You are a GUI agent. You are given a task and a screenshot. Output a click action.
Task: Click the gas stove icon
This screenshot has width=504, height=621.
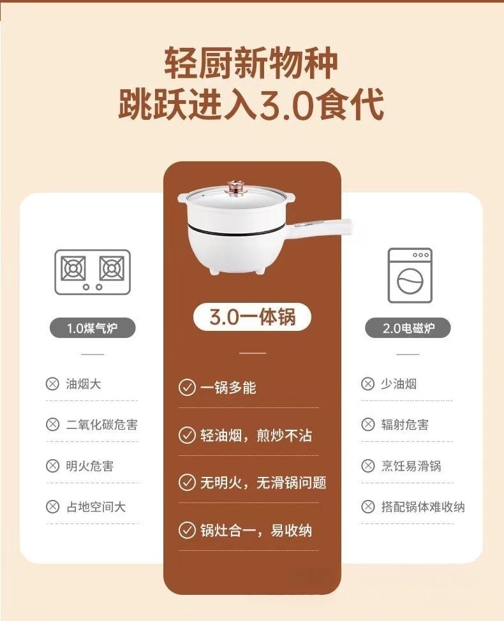(93, 272)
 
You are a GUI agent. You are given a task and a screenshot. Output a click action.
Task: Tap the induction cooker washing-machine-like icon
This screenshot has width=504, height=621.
(410, 275)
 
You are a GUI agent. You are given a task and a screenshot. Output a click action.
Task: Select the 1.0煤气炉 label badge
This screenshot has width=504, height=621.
(93, 328)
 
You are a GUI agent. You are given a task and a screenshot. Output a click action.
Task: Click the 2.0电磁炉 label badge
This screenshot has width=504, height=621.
(408, 328)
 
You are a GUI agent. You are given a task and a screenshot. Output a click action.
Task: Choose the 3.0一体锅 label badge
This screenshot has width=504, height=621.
(253, 317)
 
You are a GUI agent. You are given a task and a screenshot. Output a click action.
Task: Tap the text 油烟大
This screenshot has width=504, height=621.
(84, 384)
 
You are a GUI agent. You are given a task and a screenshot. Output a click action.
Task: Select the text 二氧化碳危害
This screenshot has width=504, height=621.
(101, 425)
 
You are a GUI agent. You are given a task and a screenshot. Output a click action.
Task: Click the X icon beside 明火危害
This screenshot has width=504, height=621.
(52, 466)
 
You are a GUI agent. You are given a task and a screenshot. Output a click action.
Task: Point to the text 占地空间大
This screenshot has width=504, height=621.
(96, 507)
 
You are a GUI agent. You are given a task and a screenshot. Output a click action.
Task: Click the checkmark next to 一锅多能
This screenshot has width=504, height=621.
(186, 387)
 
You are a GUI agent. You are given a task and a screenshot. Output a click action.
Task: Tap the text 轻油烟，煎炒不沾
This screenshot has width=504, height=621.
(256, 435)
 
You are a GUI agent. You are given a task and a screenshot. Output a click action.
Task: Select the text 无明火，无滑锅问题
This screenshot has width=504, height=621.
(263, 483)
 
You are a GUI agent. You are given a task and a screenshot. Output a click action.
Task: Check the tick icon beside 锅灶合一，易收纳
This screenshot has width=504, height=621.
(186, 530)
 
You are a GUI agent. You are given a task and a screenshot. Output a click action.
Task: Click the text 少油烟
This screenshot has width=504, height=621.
(399, 384)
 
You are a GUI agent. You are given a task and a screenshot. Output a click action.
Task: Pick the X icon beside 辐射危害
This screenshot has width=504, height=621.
(368, 425)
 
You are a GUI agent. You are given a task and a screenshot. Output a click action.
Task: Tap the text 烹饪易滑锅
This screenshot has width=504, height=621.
(411, 466)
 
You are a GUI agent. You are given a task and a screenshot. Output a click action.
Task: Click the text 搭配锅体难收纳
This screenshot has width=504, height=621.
(423, 507)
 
